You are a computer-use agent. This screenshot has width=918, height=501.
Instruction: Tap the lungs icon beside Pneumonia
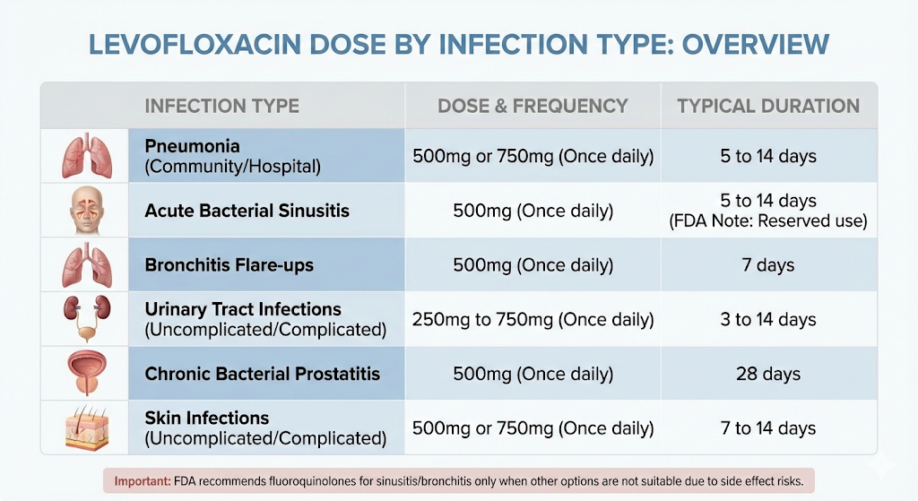point(82,156)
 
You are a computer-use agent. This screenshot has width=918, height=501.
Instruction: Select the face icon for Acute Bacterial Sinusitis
point(82,212)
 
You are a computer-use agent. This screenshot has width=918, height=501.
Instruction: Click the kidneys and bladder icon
point(82,319)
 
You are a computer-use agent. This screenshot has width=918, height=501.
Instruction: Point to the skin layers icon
point(82,428)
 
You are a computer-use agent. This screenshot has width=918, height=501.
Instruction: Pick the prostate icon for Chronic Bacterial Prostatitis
point(82,374)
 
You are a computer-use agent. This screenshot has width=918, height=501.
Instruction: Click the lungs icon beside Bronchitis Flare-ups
point(82,265)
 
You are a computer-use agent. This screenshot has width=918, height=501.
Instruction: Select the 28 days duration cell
point(768,374)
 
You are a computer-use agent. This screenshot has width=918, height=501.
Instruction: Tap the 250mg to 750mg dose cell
point(533,319)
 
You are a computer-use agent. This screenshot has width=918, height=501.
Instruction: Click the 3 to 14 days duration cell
point(768,319)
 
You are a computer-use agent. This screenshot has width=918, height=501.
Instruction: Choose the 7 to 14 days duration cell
point(768,428)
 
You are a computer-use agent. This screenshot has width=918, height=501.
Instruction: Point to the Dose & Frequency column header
point(533,106)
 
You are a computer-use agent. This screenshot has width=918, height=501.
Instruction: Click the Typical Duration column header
point(768,106)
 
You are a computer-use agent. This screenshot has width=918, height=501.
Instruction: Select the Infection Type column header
point(221,106)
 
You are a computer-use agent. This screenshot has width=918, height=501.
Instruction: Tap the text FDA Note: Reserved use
point(768,221)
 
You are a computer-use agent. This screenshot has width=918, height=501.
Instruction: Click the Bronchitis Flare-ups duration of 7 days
point(768,265)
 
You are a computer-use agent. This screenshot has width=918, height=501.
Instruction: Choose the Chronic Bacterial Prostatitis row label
point(263,374)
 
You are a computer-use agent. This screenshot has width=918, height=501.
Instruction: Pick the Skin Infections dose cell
point(533,428)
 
